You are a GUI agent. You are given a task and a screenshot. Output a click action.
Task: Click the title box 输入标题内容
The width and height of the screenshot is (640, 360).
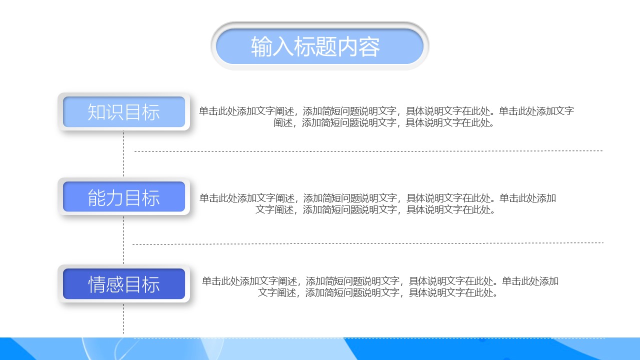pos(319,46)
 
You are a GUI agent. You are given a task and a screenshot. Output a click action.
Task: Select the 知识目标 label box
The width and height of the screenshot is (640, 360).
pos(124,112)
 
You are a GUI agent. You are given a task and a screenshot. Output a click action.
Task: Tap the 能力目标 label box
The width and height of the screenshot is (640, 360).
pos(124,197)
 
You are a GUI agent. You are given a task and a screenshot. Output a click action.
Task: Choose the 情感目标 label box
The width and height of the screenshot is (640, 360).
pos(124,284)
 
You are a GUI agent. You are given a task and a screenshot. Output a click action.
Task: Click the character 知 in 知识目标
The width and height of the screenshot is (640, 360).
pos(96,112)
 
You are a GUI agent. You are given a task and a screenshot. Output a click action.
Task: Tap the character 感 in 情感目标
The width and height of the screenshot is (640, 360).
pos(115,284)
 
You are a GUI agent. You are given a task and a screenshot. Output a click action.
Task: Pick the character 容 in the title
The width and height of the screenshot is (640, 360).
pos(369,46)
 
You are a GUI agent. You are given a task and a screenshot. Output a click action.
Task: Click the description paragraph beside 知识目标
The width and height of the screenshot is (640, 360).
pos(386,116)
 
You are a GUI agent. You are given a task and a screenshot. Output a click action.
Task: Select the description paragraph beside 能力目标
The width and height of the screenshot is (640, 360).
pos(377,203)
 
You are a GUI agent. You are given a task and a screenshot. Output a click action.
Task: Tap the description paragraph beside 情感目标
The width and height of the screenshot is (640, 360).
pos(380,286)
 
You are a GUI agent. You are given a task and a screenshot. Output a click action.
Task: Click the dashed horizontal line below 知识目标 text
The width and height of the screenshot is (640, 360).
pos(368,151)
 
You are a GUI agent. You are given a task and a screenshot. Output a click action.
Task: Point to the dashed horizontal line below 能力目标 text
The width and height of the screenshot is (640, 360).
pos(368,243)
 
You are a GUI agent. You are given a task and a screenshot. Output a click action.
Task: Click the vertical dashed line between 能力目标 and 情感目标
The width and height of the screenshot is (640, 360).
pos(123,240)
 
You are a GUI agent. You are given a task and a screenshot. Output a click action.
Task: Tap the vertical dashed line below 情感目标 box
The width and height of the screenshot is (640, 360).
pos(123,318)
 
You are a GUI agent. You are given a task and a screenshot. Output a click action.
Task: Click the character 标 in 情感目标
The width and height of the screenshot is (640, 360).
pos(151,284)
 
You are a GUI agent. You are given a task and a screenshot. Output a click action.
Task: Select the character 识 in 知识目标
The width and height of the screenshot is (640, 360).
pos(115,112)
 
